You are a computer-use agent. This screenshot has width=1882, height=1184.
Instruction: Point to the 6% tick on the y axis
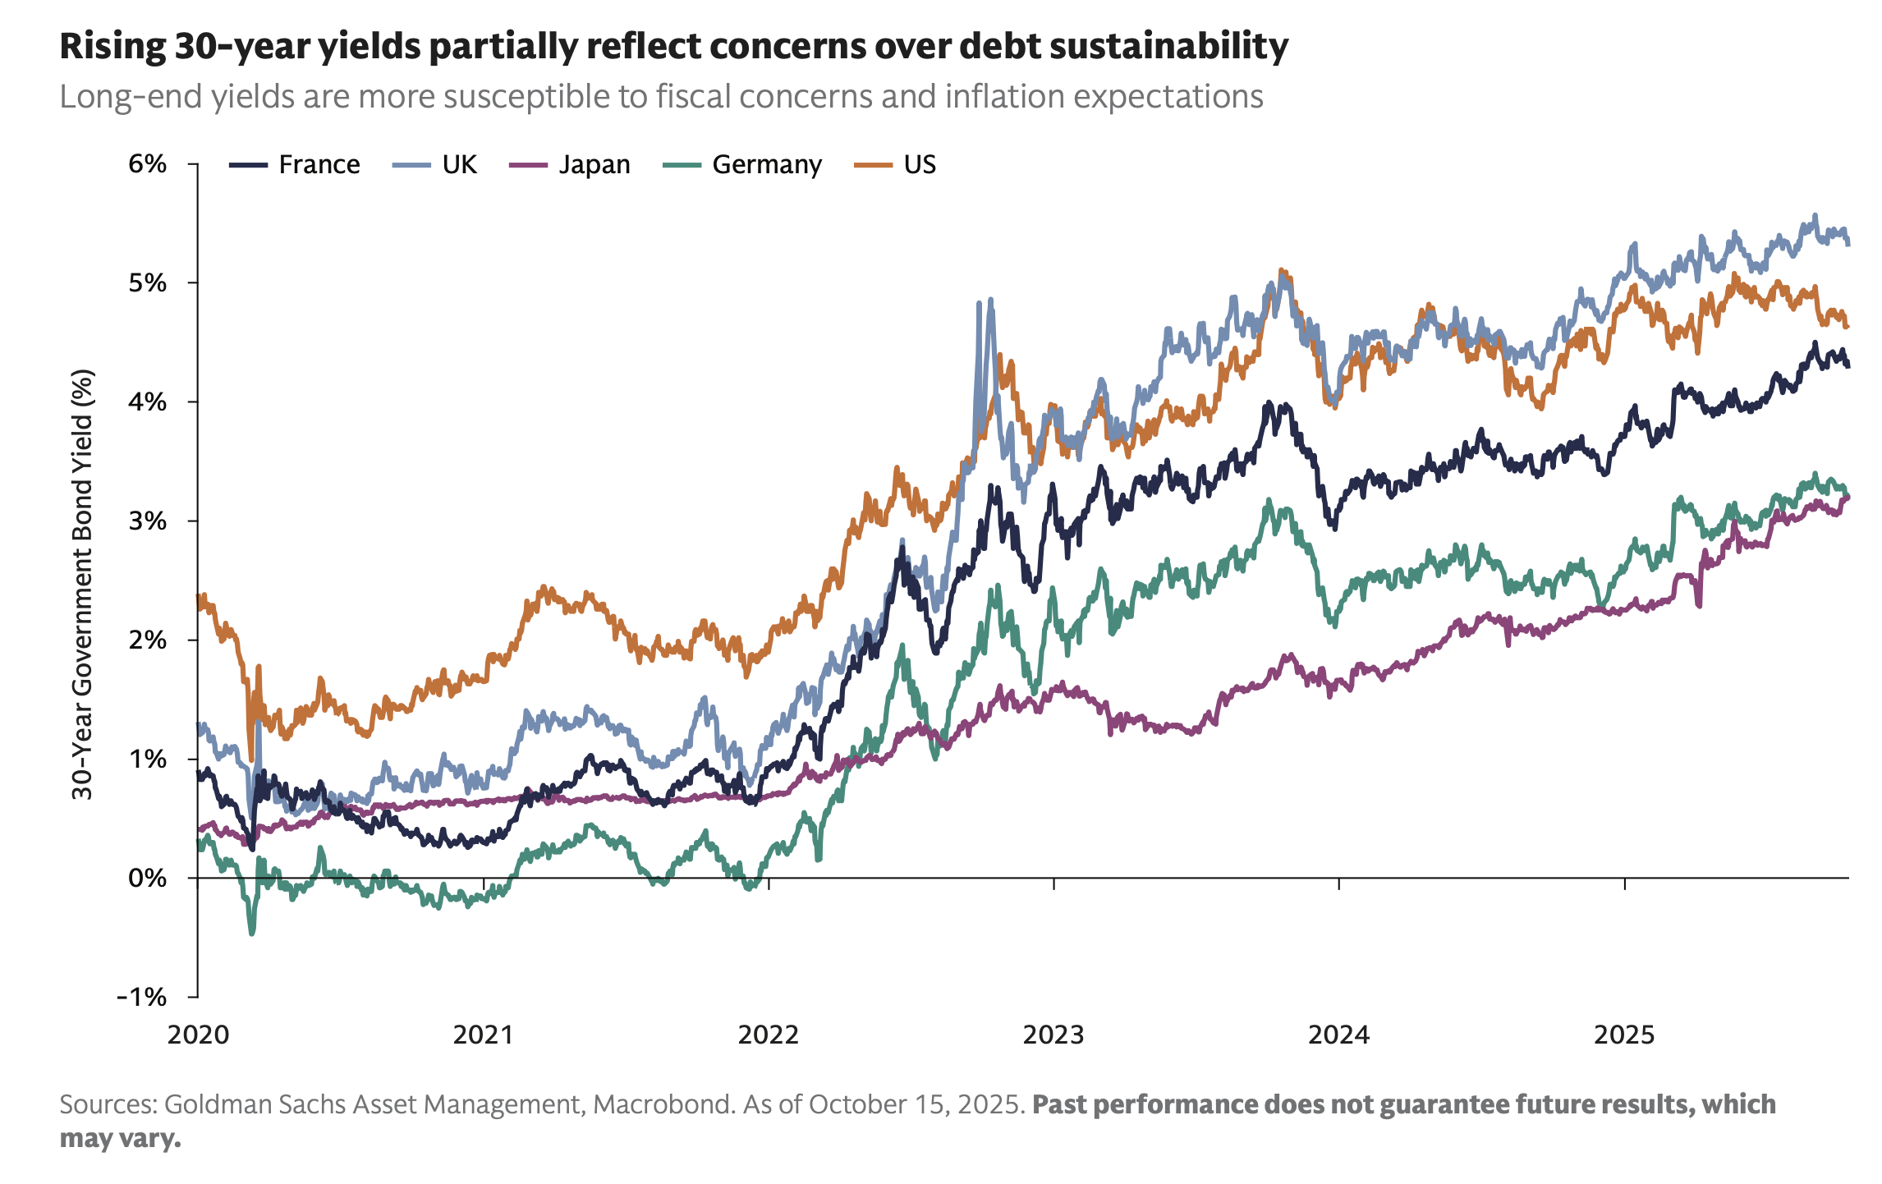(147, 164)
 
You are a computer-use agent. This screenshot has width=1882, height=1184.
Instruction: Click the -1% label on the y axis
(142, 998)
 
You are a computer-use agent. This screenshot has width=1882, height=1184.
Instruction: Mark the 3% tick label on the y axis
(147, 521)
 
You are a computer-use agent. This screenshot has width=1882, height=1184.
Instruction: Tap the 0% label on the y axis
(147, 879)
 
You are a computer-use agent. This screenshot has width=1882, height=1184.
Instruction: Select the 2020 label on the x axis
(198, 1035)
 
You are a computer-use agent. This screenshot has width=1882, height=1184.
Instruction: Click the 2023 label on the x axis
(1053, 1035)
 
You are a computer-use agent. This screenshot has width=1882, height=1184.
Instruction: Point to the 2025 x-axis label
(1624, 1035)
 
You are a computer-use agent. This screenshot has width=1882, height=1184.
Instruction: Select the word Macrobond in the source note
(663, 1104)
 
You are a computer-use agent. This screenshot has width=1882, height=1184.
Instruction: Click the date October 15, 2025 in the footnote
(917, 1104)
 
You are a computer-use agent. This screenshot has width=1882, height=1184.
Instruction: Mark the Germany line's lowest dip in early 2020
(251, 934)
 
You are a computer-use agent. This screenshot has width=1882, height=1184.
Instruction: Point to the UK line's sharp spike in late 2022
(991, 301)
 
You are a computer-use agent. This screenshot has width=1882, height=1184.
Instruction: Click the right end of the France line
(1848, 366)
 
